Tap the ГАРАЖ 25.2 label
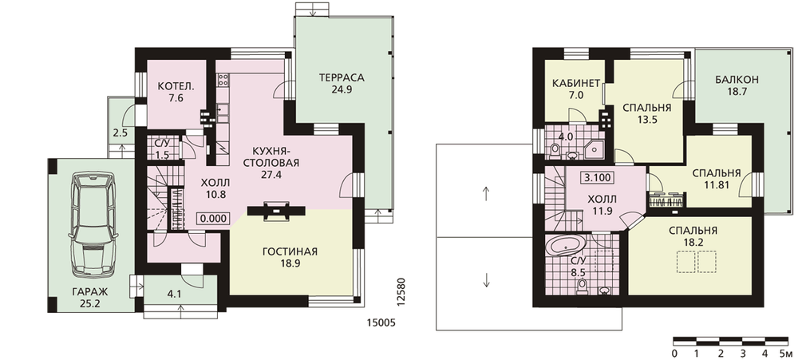coord(89,299)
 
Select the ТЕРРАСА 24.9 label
coord(342,84)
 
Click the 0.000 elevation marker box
coord(214,218)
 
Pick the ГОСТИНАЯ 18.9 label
coord(290,258)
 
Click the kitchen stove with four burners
coord(223,80)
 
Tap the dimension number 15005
coord(381,322)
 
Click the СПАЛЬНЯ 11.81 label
coord(716,178)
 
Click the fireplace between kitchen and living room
coord(275,211)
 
